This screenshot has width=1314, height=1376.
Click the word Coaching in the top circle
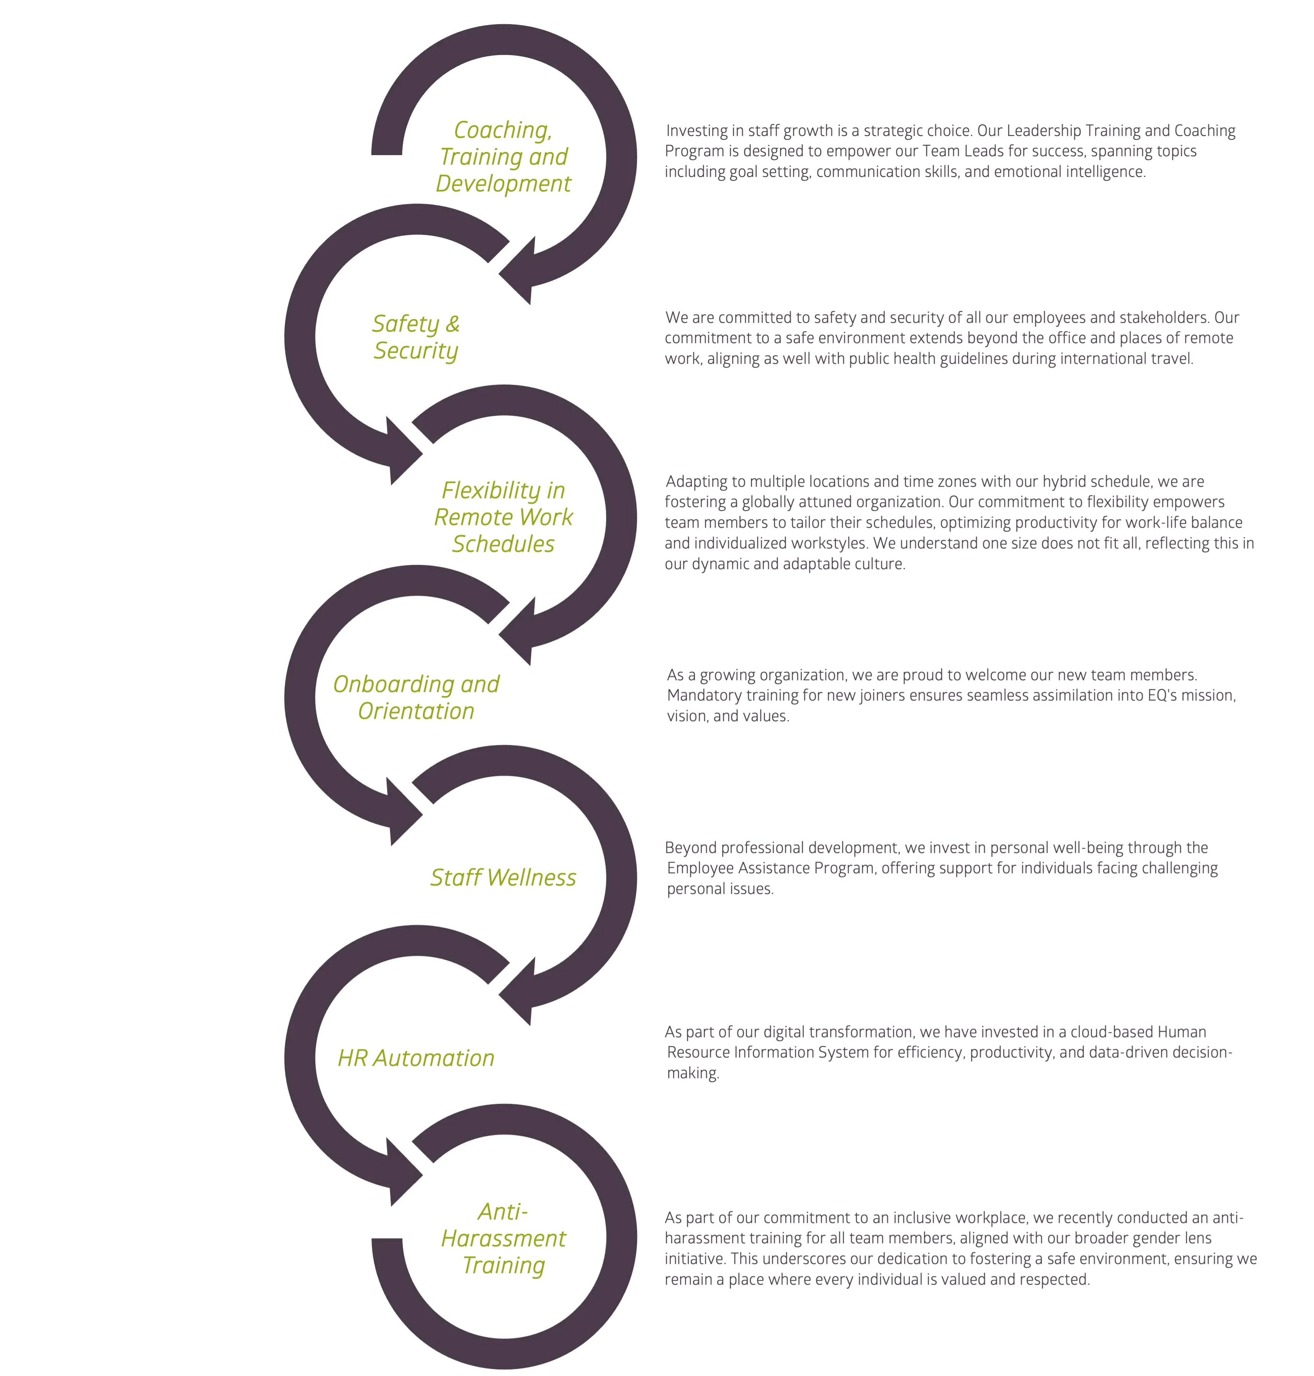tap(502, 130)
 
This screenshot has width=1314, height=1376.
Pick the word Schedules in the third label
tap(503, 544)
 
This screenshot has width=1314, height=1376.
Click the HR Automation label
tap(416, 1057)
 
